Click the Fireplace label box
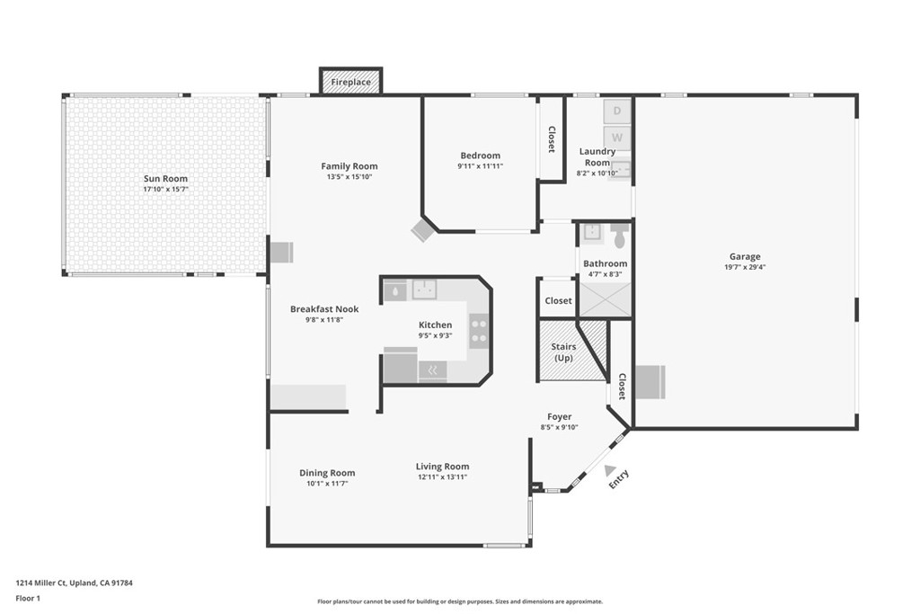point(350,82)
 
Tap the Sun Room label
point(165,179)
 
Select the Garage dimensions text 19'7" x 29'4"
point(745,267)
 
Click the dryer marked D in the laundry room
point(616,111)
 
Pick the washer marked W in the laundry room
point(616,138)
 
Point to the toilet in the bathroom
point(619,236)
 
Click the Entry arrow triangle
point(611,470)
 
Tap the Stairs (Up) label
point(563,351)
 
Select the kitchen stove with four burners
point(479,330)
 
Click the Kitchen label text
point(435,325)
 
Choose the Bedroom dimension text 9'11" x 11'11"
point(480,166)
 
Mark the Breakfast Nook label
point(323,309)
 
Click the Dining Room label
point(327,473)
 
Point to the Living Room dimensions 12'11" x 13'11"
point(442,476)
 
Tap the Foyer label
point(560,417)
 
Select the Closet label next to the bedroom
point(552,138)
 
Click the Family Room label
point(349,166)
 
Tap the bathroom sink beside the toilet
point(591,233)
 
